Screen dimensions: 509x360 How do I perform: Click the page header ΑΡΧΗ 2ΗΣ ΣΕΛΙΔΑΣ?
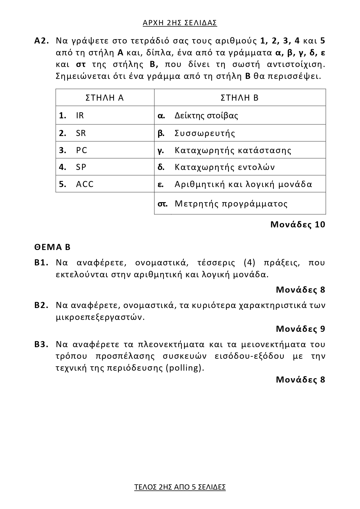coord(180,23)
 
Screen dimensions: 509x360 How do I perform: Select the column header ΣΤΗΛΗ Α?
coord(105,98)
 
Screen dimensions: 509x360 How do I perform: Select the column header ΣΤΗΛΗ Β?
coord(240,98)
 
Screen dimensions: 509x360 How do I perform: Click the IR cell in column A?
coord(80,115)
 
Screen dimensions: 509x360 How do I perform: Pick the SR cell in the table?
coord(81,133)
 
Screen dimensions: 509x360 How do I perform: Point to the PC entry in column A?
coord(82,150)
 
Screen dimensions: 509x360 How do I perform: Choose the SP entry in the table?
coord(81,167)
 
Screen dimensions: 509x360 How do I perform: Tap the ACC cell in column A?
coord(85,184)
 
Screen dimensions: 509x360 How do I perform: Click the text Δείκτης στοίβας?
coord(206,115)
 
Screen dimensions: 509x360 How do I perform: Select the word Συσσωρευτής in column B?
coord(205,133)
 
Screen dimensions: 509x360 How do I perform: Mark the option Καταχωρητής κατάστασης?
coord(233,150)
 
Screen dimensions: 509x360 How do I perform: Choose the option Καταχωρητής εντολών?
coord(225,167)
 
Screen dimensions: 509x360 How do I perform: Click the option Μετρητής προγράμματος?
coord(231,204)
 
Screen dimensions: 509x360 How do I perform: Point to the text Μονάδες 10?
coord(298,224)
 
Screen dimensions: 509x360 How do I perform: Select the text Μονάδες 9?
coord(301,329)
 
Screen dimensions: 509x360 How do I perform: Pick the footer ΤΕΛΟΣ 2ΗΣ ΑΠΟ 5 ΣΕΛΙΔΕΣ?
coord(180,487)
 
